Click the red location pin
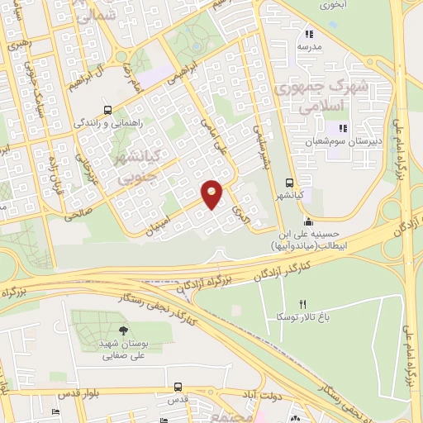pos(212,193)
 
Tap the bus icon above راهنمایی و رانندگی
pos(107,109)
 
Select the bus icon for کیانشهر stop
pos(288,183)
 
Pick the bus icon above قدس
pos(178,386)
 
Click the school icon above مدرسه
pos(309,35)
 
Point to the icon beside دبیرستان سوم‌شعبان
pos(341,128)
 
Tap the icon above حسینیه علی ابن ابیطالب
pos(308,221)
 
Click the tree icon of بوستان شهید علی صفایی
pos(122,330)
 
